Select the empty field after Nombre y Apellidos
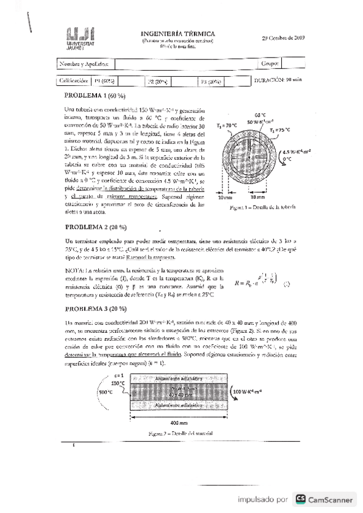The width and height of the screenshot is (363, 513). [x=182, y=63]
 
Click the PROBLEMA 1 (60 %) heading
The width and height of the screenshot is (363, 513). [x=95, y=96]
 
